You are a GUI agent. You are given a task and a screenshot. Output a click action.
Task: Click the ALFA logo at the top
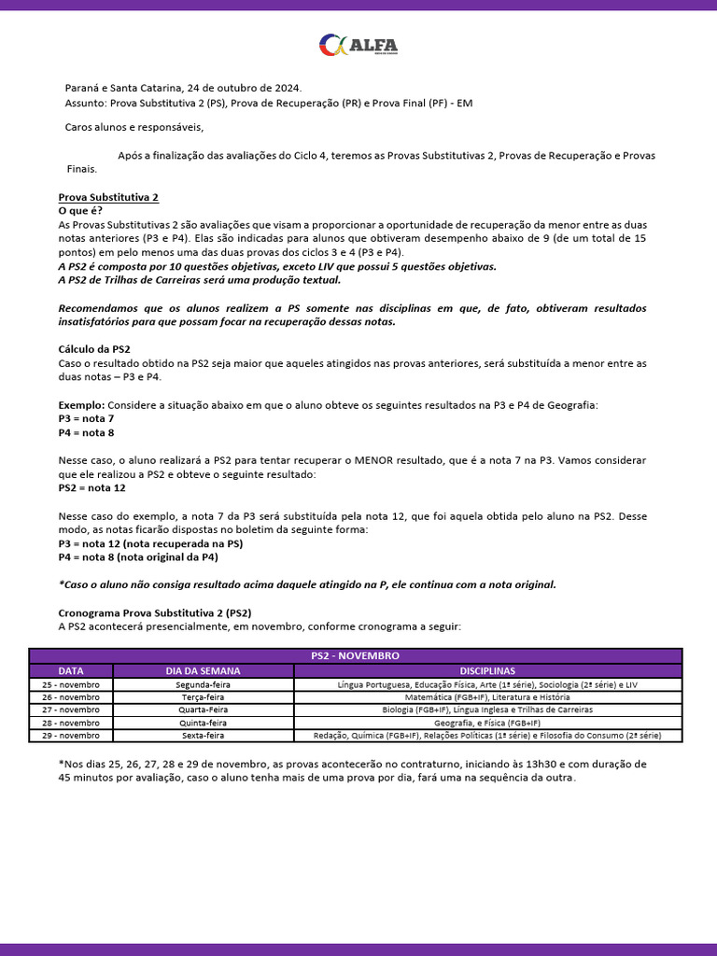(358, 45)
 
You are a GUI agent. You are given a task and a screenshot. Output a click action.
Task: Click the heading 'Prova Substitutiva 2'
(108, 198)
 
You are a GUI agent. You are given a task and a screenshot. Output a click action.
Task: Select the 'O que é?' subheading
(80, 212)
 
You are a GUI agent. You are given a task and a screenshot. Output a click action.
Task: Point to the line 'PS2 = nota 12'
(91, 488)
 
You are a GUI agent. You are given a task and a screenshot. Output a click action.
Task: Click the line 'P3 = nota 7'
(86, 419)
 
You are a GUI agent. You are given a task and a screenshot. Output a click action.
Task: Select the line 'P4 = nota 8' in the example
(86, 433)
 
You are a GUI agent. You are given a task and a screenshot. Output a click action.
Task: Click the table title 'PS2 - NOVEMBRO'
(355, 656)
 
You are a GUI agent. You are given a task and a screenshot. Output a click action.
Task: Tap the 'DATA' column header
(71, 670)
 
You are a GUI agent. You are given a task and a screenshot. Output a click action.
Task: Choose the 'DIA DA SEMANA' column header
(203, 670)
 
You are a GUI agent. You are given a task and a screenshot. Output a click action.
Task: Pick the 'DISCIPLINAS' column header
(486, 670)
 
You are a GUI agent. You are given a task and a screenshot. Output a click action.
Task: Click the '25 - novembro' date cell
(71, 684)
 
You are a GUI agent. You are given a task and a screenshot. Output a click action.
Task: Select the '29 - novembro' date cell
(71, 736)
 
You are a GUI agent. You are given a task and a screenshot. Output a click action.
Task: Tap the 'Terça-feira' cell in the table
(203, 697)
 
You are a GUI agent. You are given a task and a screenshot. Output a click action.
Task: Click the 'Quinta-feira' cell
(203, 723)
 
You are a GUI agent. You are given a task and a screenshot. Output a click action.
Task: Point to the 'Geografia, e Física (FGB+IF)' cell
(486, 723)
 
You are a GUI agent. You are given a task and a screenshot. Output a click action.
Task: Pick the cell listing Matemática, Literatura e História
(486, 697)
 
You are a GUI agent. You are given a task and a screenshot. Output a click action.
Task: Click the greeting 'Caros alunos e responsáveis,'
(134, 128)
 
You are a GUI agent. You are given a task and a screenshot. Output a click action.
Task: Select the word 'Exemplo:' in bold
(82, 405)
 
